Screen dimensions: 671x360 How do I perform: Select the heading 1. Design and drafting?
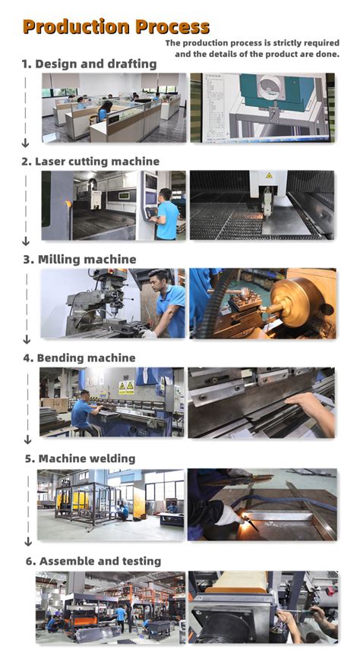point(89,64)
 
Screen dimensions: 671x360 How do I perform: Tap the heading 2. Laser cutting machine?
point(90,161)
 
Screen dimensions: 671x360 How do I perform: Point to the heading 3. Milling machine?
point(79,260)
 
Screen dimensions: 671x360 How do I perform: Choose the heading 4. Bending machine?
point(79,358)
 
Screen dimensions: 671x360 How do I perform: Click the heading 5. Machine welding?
point(79,458)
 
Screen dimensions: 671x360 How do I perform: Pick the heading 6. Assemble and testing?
point(92,561)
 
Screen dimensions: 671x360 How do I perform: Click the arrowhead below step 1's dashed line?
point(25,143)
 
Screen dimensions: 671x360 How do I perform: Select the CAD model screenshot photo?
point(262,108)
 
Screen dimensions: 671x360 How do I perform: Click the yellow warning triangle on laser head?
point(269,175)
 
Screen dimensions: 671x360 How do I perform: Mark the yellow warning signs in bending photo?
point(126,387)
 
